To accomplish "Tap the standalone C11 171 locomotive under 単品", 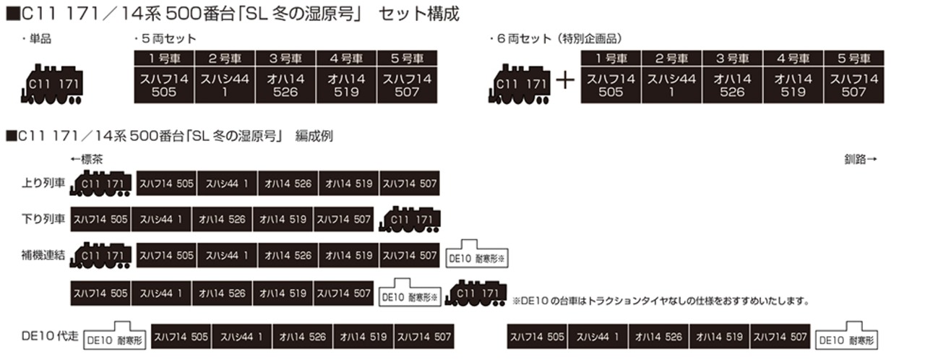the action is tap(52, 85).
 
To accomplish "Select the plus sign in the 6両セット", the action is tap(565, 80).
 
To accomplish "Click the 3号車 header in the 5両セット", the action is tap(285, 59).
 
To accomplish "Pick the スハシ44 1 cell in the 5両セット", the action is tap(225, 85).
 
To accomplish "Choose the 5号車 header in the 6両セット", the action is tap(853, 59).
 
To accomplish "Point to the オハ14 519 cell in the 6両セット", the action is tap(793, 85).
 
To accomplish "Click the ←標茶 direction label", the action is tap(86, 159).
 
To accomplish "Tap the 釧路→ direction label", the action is tap(860, 159).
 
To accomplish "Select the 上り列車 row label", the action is tap(43, 183).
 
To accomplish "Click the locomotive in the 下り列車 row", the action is tap(410, 219).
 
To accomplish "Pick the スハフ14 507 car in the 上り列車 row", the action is tap(409, 184).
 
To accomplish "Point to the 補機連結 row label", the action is tap(43, 255).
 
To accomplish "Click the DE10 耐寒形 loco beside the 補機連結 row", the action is tap(477, 254).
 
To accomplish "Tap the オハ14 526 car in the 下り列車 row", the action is tap(222, 219).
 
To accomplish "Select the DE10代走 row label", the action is tap(50, 336).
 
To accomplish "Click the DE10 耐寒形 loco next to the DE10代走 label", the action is tap(114, 335).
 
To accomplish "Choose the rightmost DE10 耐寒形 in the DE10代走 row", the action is tap(846, 335).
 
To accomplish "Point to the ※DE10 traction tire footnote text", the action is tap(661, 301).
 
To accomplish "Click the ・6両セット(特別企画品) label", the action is tap(556, 39).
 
